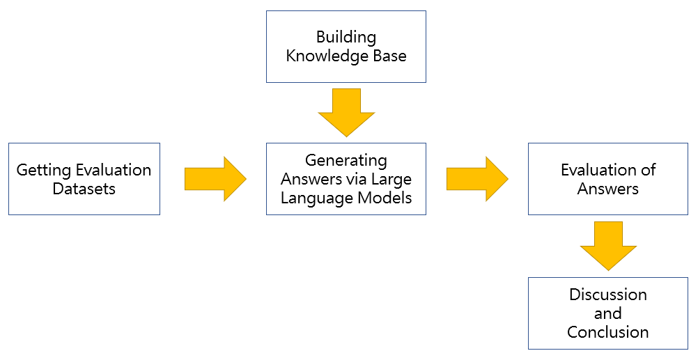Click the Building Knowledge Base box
(x=346, y=47)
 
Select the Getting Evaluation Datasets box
(x=84, y=179)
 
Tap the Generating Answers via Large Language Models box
(x=346, y=179)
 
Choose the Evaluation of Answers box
(x=608, y=179)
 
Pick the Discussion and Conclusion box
(x=608, y=313)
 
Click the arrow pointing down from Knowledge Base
(x=346, y=113)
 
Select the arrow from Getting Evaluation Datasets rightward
(x=215, y=179)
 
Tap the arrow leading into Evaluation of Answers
(x=477, y=179)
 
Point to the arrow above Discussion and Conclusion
(x=608, y=246)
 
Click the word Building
(x=346, y=38)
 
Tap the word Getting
(x=44, y=171)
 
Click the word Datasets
(x=84, y=188)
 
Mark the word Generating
(x=346, y=161)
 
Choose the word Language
(x=317, y=198)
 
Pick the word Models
(x=385, y=198)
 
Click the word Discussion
(x=608, y=295)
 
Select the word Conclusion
(x=608, y=332)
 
